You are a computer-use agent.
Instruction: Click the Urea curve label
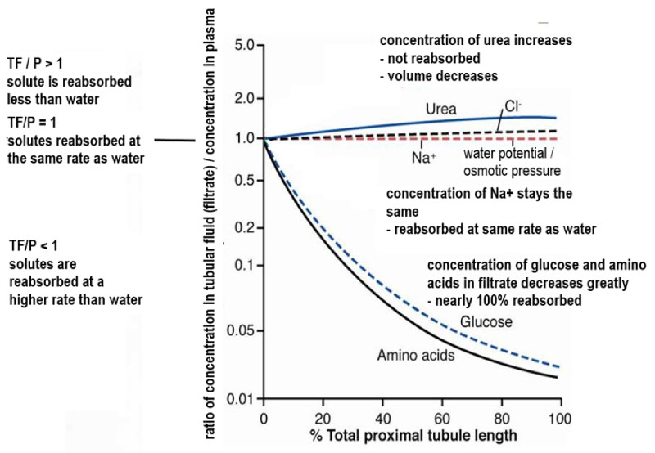(x=440, y=110)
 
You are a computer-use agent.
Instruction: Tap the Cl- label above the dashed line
(x=513, y=107)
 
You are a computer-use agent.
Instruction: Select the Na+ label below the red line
(x=424, y=158)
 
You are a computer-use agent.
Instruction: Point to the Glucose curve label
(x=486, y=321)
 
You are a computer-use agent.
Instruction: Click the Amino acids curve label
(x=416, y=355)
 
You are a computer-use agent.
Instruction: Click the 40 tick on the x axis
(x=382, y=419)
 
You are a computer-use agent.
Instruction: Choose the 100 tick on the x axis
(x=559, y=419)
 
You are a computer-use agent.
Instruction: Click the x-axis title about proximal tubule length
(x=413, y=436)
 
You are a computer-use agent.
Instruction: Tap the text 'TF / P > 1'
(x=35, y=64)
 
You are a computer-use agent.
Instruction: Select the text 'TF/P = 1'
(x=32, y=123)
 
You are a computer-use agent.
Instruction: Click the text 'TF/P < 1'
(x=34, y=246)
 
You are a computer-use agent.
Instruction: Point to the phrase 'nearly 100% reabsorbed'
(x=504, y=300)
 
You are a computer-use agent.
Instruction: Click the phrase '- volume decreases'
(x=439, y=76)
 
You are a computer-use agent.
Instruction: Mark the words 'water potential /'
(x=508, y=154)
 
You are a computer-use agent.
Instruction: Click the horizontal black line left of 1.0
(x=175, y=141)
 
